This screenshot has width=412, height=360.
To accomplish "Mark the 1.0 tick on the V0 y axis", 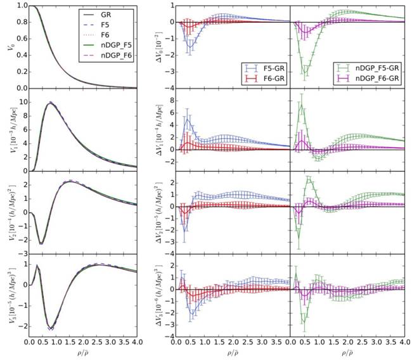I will point(20,6).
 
